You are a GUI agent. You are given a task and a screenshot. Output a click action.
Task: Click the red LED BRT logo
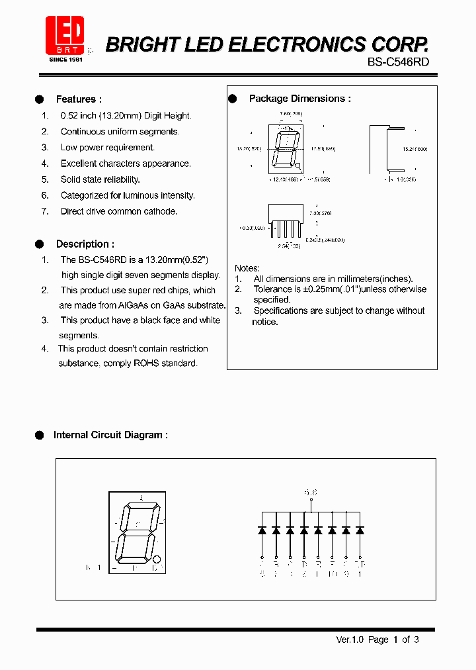65,37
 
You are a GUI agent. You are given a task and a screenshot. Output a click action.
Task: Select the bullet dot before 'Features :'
40,99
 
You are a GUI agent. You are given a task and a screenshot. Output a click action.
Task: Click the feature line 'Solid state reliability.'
100,179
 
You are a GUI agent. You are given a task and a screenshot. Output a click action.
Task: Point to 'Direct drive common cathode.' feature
119,211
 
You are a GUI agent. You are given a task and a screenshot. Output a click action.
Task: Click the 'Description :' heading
85,244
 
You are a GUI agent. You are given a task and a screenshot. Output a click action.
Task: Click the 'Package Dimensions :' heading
299,99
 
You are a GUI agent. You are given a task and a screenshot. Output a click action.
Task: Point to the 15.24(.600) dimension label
415,150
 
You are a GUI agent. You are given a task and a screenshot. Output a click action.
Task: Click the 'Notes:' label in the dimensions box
247,268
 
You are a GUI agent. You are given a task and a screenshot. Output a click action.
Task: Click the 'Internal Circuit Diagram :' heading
110,435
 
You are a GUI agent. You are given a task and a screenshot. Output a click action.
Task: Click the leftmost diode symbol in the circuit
262,530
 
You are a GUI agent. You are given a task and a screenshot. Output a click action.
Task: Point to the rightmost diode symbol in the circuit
360,530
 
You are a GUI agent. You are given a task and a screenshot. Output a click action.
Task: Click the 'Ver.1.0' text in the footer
350,640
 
